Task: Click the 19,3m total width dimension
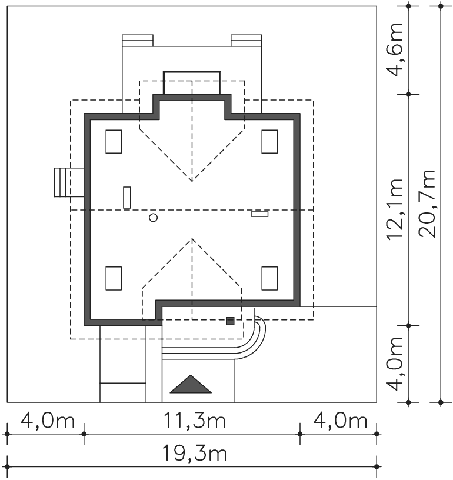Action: (194, 454)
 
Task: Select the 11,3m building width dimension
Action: (195, 420)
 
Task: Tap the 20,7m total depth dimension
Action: (427, 204)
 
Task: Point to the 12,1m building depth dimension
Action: (394, 209)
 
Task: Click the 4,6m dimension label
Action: (394, 49)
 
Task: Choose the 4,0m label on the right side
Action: (394, 364)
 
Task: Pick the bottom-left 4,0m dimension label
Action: (48, 421)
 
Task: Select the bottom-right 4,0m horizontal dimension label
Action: (340, 421)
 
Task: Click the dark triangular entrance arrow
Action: (191, 384)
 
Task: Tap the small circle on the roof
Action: (154, 218)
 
